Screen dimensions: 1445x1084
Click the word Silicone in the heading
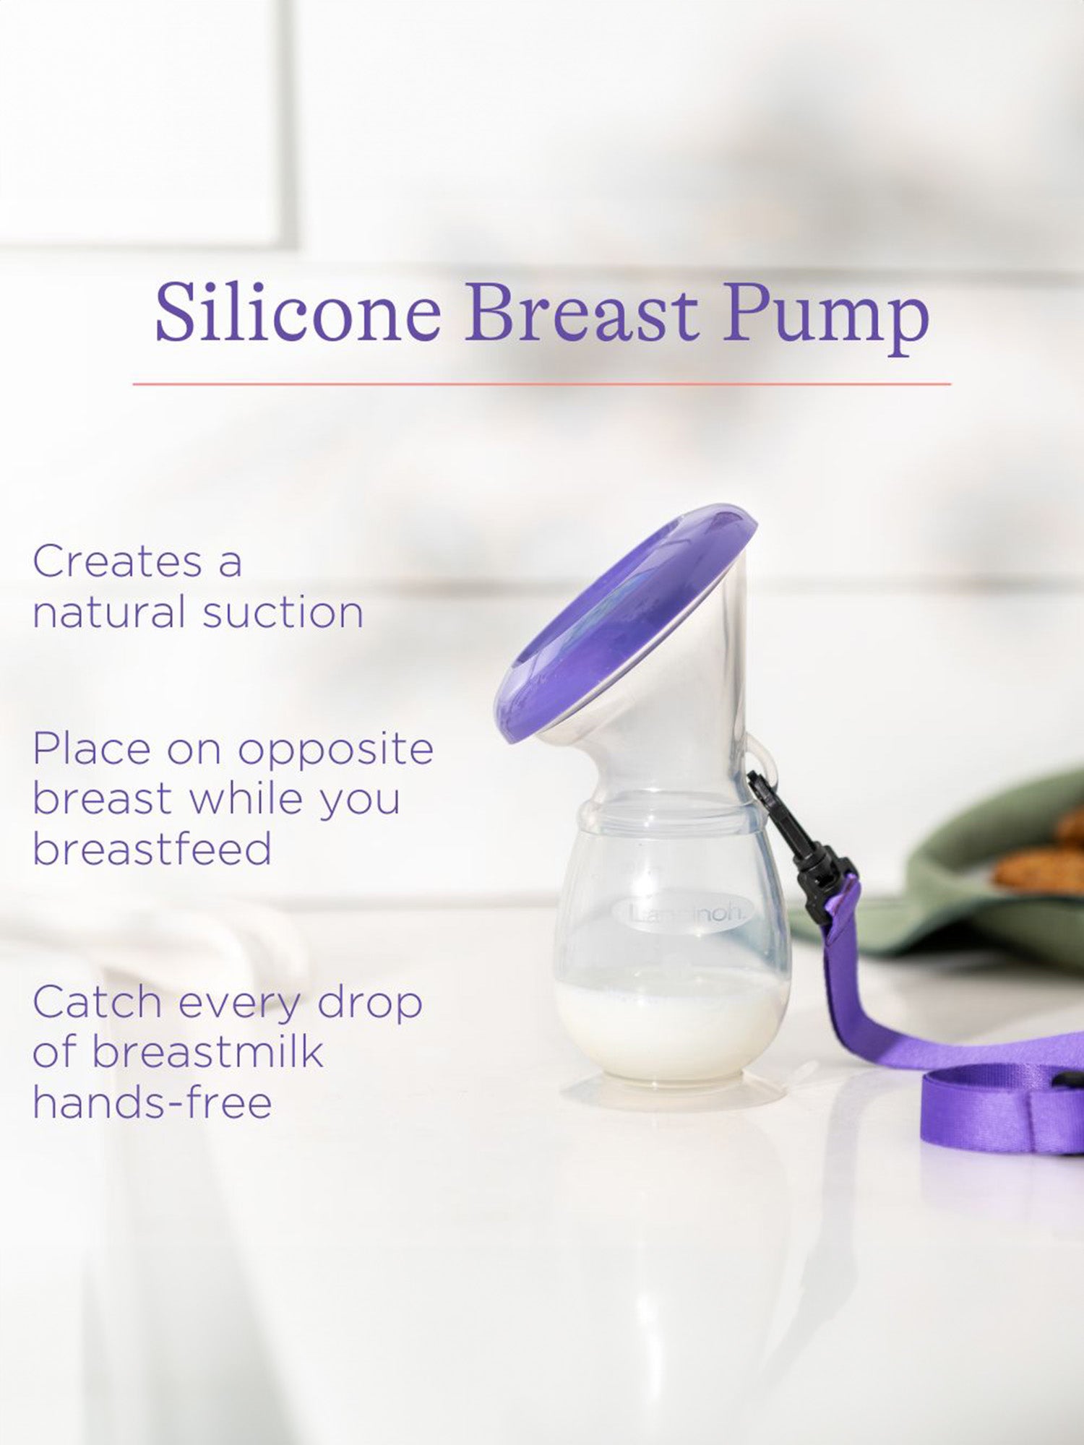point(298,313)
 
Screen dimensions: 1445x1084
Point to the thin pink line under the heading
point(542,384)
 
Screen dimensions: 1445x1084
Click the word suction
point(283,613)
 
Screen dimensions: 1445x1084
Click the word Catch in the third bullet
point(98,1003)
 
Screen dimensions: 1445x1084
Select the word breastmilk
point(207,1052)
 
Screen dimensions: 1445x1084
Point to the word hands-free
point(152,1103)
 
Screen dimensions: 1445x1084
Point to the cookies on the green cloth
point(1041,860)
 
